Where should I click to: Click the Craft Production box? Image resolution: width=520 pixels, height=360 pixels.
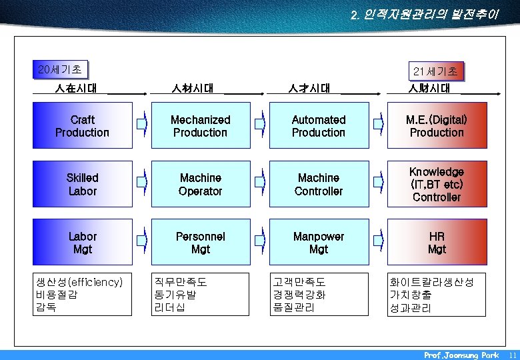click(x=83, y=125)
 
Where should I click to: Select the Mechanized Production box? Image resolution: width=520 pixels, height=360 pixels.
click(x=200, y=125)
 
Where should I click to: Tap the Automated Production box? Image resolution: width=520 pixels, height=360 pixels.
click(x=319, y=125)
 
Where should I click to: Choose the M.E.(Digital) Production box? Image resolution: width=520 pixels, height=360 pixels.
click(x=437, y=125)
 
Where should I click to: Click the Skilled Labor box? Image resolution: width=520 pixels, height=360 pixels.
click(x=83, y=184)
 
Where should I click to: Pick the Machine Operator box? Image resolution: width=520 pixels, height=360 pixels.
click(x=200, y=184)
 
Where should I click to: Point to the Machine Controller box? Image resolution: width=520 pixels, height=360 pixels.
click(x=319, y=184)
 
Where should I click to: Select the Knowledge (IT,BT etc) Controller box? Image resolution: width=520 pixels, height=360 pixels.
click(x=437, y=184)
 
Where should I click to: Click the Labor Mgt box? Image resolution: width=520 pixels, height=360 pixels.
click(x=83, y=243)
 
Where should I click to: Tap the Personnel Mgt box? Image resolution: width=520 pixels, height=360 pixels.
click(x=200, y=243)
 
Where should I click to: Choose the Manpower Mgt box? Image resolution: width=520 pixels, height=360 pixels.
click(x=319, y=243)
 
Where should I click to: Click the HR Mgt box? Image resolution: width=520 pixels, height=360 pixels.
click(x=437, y=243)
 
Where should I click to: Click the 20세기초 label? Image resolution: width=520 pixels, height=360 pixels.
click(x=61, y=69)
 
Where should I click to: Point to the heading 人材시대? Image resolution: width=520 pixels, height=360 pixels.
click(x=193, y=88)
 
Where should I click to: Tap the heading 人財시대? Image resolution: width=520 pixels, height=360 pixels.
click(x=429, y=88)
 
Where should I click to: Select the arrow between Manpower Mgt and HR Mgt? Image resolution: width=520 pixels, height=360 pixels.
click(x=379, y=242)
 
